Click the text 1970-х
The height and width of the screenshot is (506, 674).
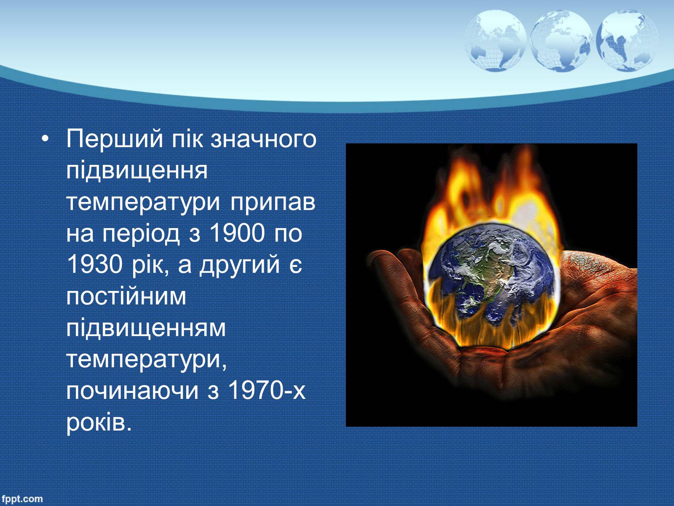[267, 390]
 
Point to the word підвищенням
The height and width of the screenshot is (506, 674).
[146, 328]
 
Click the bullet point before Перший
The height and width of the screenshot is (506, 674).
[45, 139]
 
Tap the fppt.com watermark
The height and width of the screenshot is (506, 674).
[22, 499]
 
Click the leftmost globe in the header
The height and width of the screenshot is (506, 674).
[495, 41]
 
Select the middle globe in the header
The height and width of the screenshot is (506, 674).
[561, 41]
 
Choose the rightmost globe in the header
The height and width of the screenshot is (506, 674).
[627, 41]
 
